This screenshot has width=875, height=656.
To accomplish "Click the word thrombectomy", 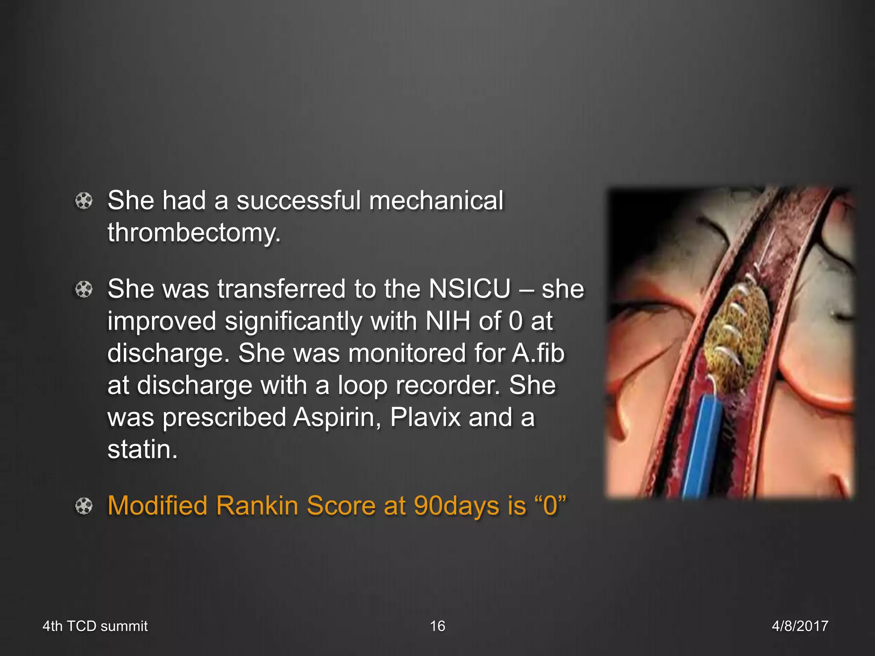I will coord(193,233).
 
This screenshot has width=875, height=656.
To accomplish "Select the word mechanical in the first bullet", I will coord(436,201).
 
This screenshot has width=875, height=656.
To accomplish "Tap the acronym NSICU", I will coord(470,289).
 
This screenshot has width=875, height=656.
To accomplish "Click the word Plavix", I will coord(425,417).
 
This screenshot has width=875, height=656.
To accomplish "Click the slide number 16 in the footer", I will coord(437,626).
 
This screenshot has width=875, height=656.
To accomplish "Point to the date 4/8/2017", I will coord(800,626).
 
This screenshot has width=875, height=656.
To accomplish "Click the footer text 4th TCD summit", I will coord(95,626).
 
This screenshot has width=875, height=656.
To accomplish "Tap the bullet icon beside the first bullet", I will coord(84,201).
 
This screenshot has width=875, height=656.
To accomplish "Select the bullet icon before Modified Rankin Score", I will coord(84,507).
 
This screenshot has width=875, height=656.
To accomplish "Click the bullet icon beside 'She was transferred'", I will coord(84,290).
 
